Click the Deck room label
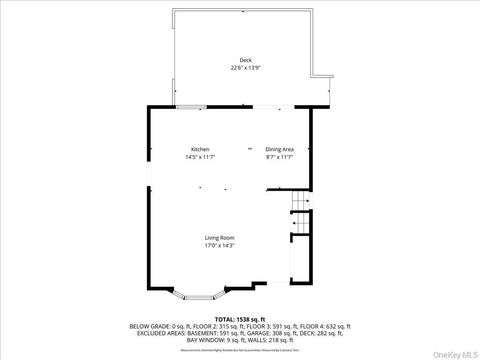tap(246, 60)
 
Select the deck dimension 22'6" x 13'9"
tap(246, 67)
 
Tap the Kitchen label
tap(200, 150)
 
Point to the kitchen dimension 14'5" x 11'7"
tap(200, 157)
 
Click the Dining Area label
tap(279, 150)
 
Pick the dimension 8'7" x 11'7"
tap(279, 157)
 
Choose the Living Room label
tap(219, 238)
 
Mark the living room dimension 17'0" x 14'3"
tap(219, 245)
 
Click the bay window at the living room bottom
tap(199, 297)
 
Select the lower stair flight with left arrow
tap(300, 223)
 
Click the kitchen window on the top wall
tap(191, 107)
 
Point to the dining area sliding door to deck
tap(274, 107)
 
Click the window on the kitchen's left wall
tap(149, 174)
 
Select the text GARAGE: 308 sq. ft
tap(277, 333)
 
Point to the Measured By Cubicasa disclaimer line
tap(240, 350)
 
